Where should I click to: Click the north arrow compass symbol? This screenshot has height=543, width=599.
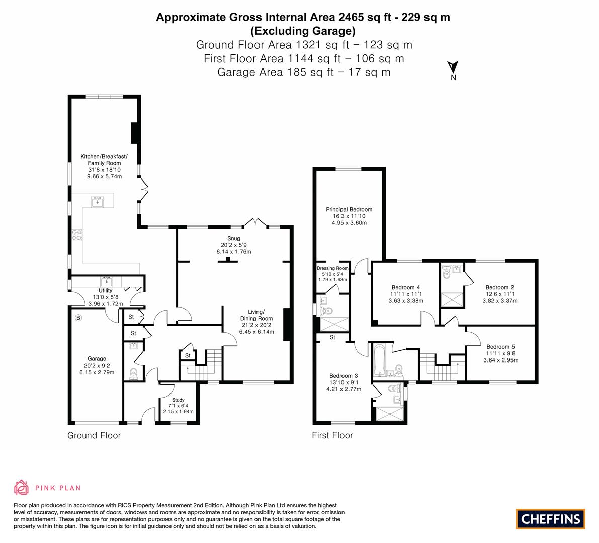pyautogui.click(x=453, y=71)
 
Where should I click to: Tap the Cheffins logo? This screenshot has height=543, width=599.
pyautogui.click(x=551, y=519)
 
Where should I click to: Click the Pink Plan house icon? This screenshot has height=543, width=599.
pyautogui.click(x=22, y=488)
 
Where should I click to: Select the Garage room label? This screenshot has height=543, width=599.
pyautogui.click(x=97, y=358)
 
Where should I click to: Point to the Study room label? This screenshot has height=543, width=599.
pyautogui.click(x=178, y=400)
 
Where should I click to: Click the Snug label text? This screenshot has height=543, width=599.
pyautogui.click(x=233, y=238)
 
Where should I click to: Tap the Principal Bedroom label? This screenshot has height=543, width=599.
pyautogui.click(x=349, y=209)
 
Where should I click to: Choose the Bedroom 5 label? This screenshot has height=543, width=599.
pyautogui.click(x=500, y=347)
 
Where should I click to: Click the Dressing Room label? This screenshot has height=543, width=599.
pyautogui.click(x=333, y=268)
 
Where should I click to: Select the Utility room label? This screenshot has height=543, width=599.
pyautogui.click(x=106, y=290)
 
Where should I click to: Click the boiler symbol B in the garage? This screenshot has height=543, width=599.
pyautogui.click(x=78, y=318)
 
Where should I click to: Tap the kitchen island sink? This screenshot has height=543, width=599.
pyautogui.click(x=97, y=202)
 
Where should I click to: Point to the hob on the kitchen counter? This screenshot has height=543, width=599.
pyautogui.click(x=77, y=235)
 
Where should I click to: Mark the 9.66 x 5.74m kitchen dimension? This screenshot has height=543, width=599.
pyautogui.click(x=104, y=176)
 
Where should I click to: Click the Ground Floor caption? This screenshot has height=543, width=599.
pyautogui.click(x=94, y=435)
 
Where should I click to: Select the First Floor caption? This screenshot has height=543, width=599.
pyautogui.click(x=332, y=435)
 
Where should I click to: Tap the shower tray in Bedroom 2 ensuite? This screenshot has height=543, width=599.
pyautogui.click(x=452, y=300)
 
